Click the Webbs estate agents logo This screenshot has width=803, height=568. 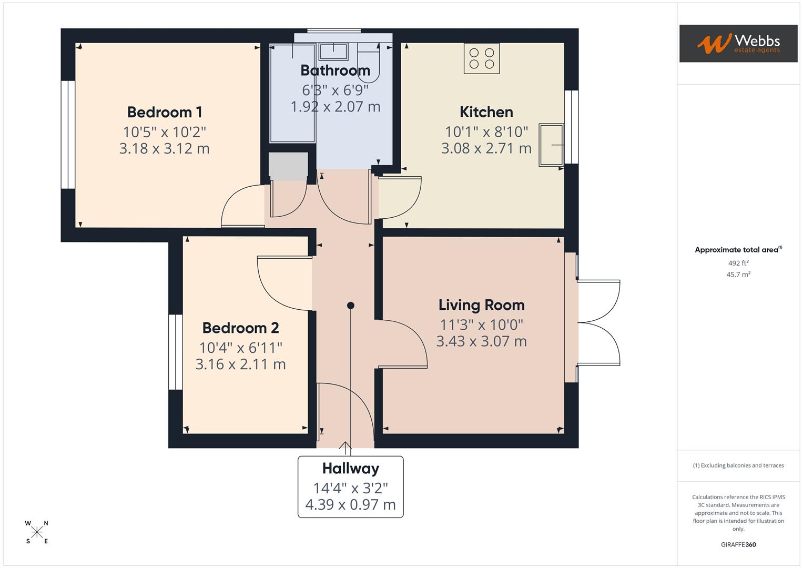(x=738, y=44)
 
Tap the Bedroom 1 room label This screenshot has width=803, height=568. (x=165, y=112)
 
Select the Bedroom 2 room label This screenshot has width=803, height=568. (x=240, y=328)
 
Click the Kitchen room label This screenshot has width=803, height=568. (x=486, y=112)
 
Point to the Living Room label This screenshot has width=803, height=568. (x=481, y=305)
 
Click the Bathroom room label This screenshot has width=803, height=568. (x=335, y=70)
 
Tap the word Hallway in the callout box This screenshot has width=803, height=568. (x=350, y=469)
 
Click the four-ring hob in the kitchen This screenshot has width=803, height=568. (x=481, y=58)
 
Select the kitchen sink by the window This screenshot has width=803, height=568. (x=551, y=145)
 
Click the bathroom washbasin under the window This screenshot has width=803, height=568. (x=333, y=52)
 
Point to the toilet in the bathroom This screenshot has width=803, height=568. (x=368, y=66)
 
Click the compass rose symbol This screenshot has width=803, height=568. (x=37, y=532)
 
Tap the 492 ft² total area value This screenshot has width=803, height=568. (x=738, y=263)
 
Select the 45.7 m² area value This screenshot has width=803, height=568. (x=738, y=275)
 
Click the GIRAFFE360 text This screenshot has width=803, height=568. (x=738, y=544)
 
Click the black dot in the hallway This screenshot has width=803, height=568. (x=351, y=306)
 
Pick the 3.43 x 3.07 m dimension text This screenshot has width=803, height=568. (x=481, y=341)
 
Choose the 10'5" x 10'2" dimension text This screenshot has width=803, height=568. (x=165, y=131)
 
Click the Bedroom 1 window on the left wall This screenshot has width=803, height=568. (x=68, y=135)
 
